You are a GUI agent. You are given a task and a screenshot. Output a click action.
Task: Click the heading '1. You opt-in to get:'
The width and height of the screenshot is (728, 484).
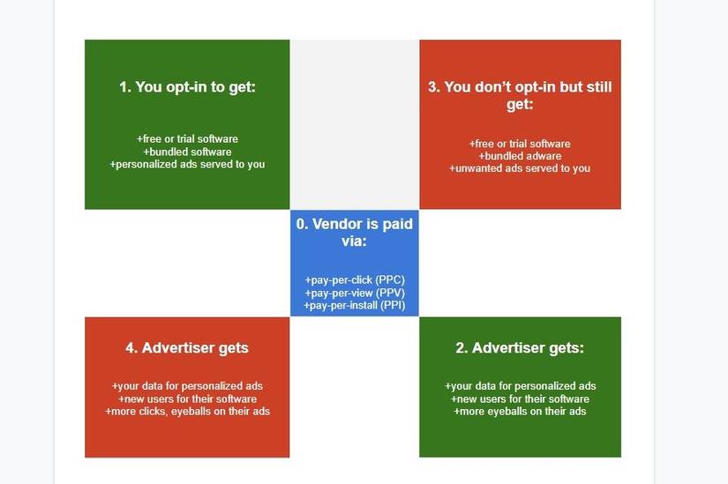coord(187,87)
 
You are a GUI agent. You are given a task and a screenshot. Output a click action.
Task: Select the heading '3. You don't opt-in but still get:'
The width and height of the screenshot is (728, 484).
coord(520,95)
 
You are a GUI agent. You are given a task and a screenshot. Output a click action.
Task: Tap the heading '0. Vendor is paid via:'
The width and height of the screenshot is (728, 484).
coord(354,232)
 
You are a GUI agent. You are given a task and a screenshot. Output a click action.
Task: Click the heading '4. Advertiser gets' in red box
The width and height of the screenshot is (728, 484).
coord(187,347)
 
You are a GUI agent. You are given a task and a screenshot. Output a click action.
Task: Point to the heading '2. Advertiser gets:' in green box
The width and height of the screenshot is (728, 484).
coord(520,347)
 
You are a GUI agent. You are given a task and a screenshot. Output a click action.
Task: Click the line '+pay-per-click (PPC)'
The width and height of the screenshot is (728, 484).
coord(355,280)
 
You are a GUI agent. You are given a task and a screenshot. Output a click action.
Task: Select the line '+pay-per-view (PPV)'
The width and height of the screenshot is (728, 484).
coord(355,293)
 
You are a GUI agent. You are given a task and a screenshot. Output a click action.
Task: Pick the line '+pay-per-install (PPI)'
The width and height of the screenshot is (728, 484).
coord(354,305)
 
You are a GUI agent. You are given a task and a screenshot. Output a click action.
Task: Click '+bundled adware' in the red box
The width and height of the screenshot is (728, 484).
coord(520,156)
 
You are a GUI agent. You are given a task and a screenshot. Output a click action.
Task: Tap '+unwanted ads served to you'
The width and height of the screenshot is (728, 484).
coord(520,168)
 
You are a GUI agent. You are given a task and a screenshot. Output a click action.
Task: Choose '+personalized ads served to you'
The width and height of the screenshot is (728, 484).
coord(187,165)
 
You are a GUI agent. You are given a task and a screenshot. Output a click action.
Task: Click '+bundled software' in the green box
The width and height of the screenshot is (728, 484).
coord(187,152)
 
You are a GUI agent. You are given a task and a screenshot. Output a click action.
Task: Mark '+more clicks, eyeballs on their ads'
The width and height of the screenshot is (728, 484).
coord(187,412)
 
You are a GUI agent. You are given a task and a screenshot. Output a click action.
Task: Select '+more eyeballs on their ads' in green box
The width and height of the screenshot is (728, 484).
coord(520,412)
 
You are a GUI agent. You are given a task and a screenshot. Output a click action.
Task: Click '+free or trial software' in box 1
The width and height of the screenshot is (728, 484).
coord(187,138)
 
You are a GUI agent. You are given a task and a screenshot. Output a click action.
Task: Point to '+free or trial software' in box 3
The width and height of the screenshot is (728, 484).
coord(520,144)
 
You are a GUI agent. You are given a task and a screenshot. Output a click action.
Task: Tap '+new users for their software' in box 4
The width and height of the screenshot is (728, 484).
coord(187,399)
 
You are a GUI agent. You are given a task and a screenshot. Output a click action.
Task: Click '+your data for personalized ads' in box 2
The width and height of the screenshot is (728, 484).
coord(520,386)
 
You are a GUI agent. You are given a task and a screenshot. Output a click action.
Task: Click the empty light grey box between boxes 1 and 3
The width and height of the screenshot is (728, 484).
coord(355,124)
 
